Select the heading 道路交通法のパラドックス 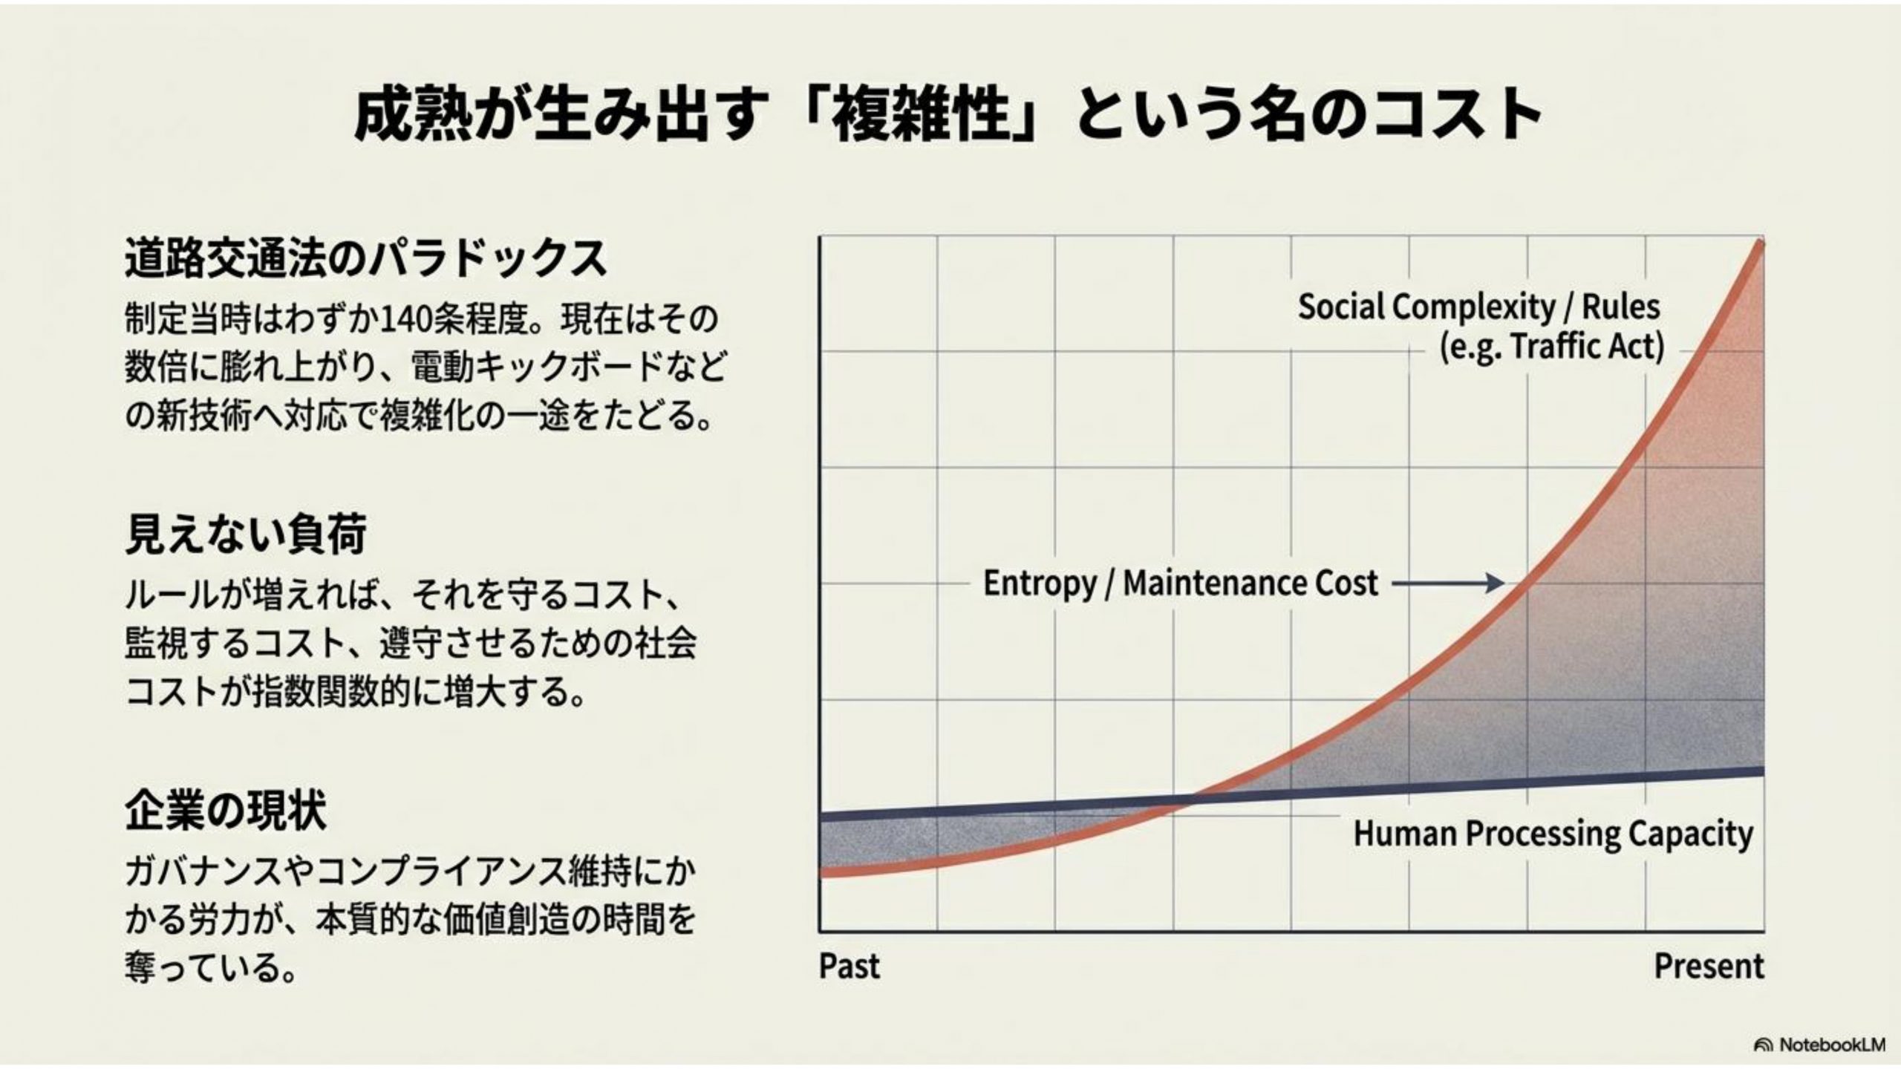click(x=365, y=258)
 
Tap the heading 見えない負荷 click(x=246, y=534)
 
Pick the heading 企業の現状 click(x=226, y=810)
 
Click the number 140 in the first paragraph click(x=407, y=320)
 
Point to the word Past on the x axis click(x=850, y=967)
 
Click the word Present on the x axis click(x=1709, y=967)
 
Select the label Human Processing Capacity click(x=1553, y=834)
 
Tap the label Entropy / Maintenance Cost click(x=1181, y=583)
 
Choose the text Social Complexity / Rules click(x=1479, y=307)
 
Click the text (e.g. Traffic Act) click(x=1552, y=347)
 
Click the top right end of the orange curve click(x=1761, y=243)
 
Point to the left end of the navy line click(x=821, y=817)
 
